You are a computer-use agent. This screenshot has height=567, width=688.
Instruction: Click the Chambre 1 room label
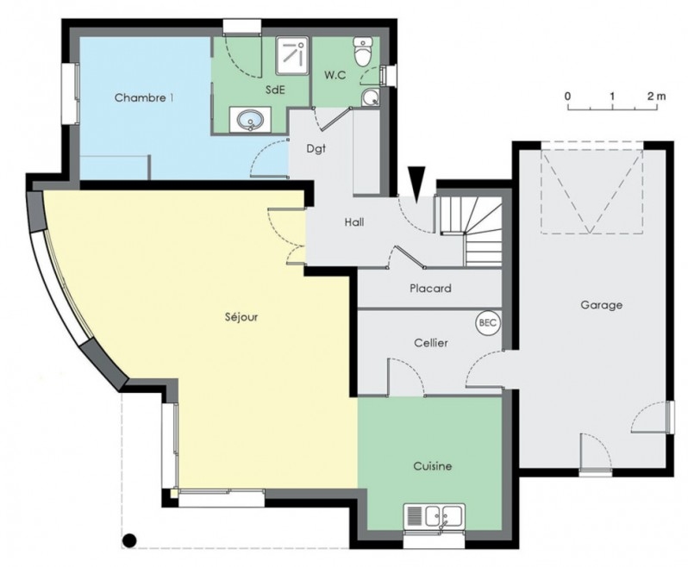pyautogui.click(x=143, y=97)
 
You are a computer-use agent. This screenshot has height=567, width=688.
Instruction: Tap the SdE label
pyautogui.click(x=276, y=90)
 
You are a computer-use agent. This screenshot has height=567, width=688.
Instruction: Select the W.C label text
pyautogui.click(x=335, y=76)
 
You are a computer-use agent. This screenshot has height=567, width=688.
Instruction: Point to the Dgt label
pyautogui.click(x=316, y=149)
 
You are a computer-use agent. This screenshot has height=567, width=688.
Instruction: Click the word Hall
pyautogui.click(x=354, y=222)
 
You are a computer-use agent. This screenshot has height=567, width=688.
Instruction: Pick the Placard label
pyautogui.click(x=430, y=289)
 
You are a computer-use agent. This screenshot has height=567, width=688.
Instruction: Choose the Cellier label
pyautogui.click(x=431, y=342)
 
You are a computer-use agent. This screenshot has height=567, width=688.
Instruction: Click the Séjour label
pyautogui.click(x=241, y=316)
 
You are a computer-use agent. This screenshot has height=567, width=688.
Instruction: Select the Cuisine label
pyautogui.click(x=433, y=465)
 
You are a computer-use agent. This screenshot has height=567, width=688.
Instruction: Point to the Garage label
pyautogui.click(x=601, y=305)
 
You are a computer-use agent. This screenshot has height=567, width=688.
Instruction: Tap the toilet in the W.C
pyautogui.click(x=363, y=52)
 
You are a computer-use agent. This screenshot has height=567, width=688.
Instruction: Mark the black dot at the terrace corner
pyautogui.click(x=129, y=540)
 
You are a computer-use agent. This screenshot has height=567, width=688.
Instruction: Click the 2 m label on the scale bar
pyautogui.click(x=656, y=96)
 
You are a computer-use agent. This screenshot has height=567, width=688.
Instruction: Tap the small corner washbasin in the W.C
pyautogui.click(x=372, y=98)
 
